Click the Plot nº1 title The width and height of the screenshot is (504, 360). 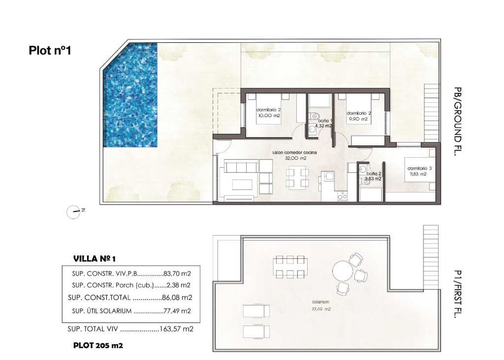coord(50,50)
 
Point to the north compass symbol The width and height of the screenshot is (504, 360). coord(74,211)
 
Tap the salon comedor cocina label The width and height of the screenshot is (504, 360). coord(295,153)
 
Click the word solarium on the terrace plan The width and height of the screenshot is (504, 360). coord(319,301)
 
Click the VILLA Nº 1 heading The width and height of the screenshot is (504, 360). coord(94,258)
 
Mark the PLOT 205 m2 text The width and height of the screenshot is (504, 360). coord(98,345)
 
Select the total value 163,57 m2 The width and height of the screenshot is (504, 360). coord(176,329)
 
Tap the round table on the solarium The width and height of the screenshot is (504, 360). coord(343,271)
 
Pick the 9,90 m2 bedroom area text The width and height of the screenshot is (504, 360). coord(358,119)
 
